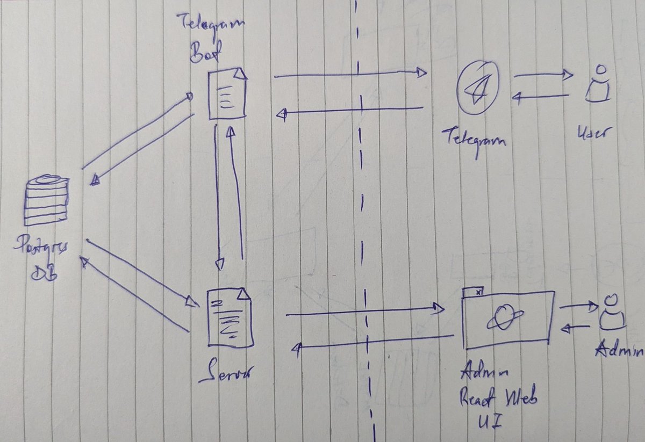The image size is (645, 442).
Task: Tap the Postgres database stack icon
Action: (47, 200)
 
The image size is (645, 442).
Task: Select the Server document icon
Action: (230, 317)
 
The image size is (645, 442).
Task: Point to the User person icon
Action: (598, 85)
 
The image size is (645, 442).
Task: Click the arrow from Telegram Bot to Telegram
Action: (349, 75)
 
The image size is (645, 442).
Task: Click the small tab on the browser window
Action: (472, 291)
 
